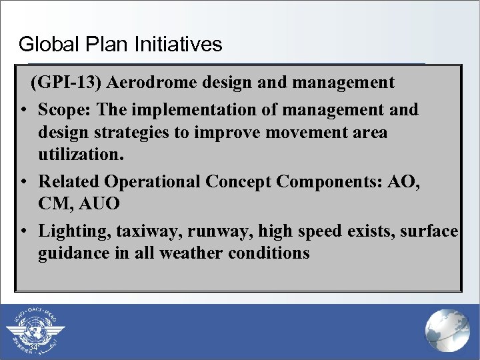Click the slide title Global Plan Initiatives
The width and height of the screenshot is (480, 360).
120,45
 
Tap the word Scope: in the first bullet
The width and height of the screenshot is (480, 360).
65,109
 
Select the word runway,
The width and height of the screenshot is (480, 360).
213,230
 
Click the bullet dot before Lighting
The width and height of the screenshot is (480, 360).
23,231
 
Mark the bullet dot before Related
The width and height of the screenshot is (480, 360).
23,182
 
